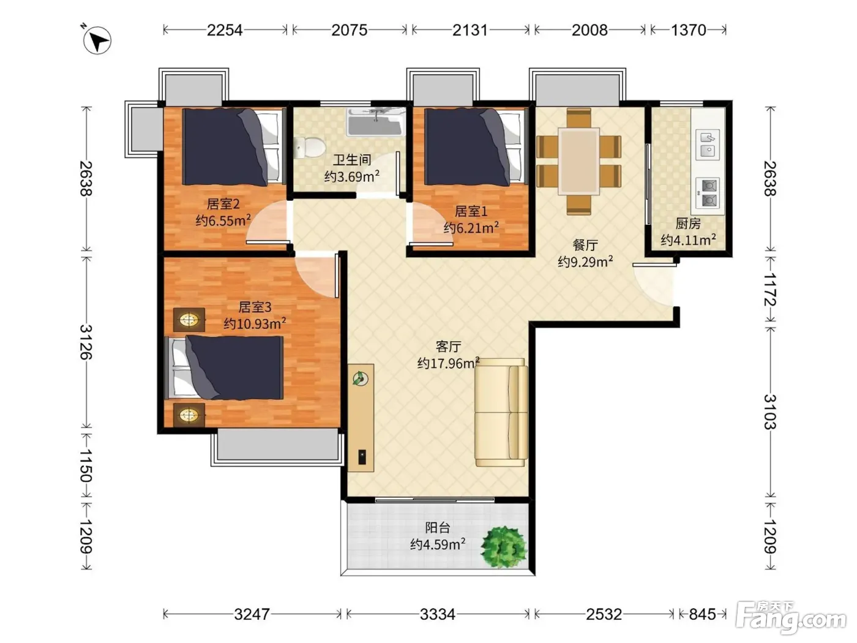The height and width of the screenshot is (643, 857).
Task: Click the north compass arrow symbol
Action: tap(97, 40)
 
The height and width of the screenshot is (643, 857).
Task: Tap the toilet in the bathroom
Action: tap(309, 148)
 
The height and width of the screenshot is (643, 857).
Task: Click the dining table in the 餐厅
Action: tap(578, 161)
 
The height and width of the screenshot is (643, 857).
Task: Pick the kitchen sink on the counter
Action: tap(708, 144)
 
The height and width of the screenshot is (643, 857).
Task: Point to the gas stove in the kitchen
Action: tap(708, 193)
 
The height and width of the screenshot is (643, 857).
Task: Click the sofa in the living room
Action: tap(501, 412)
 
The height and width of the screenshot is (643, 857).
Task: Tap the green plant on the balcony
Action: tap(504, 547)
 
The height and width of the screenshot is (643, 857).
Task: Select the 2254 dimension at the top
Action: tap(225, 30)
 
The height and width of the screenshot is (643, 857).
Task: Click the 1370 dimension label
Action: tap(688, 30)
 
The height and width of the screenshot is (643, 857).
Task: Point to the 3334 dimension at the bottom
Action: tap(437, 614)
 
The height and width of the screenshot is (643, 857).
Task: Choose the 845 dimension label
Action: tap(702, 614)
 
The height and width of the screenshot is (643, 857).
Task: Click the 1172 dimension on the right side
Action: tap(770, 289)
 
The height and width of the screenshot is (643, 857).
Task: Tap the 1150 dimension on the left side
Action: tap(86, 465)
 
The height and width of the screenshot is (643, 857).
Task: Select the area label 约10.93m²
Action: tap(255, 323)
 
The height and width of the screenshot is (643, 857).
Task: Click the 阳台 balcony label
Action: tap(437, 528)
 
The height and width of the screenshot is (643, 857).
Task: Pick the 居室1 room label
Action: tap(471, 211)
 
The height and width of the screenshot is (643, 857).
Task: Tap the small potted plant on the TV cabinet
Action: tap(360, 378)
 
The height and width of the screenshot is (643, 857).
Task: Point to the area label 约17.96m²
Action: tap(448, 363)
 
